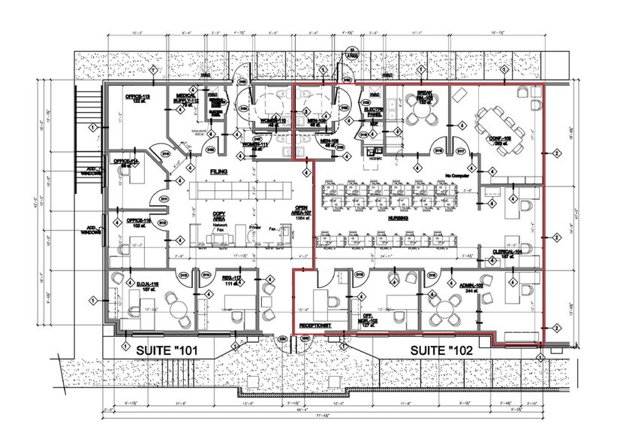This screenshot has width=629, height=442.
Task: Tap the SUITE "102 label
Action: [x=442, y=350]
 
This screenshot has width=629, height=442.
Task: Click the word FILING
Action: [x=218, y=172]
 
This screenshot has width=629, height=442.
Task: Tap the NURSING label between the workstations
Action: [x=398, y=217]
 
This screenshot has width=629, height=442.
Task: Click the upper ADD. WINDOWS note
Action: [x=91, y=169]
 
